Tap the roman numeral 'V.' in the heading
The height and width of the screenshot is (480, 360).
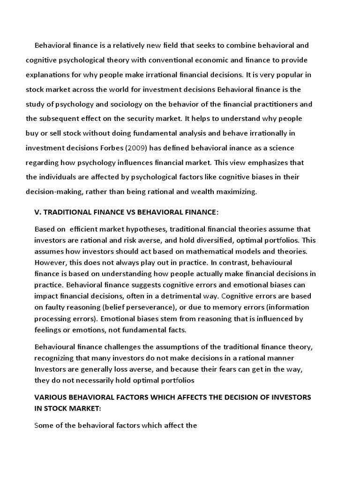click(38, 212)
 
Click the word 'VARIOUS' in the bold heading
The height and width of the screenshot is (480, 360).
click(51, 397)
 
